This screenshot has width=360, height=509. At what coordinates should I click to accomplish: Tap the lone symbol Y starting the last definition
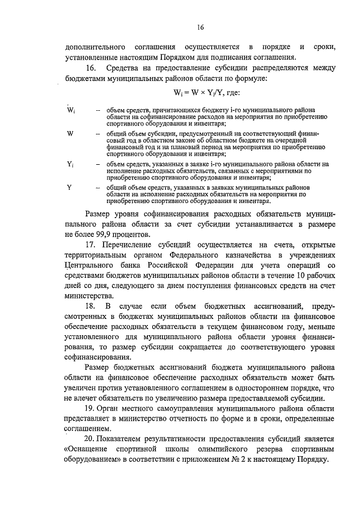69,187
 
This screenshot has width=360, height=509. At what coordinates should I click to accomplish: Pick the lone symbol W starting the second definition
70,133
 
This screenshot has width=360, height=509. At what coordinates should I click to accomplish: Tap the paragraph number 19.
89,408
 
